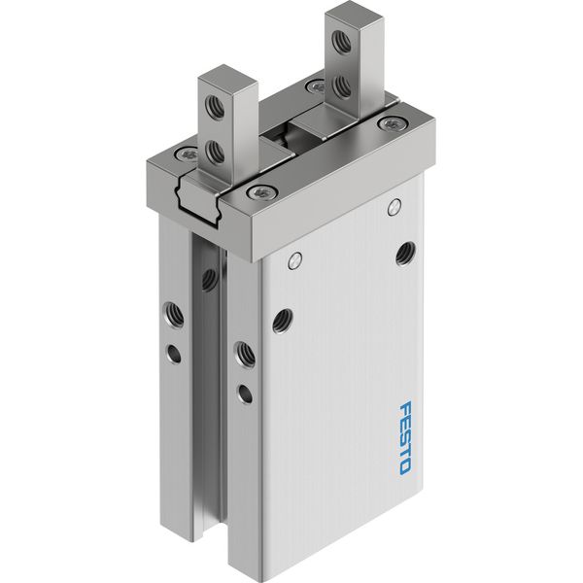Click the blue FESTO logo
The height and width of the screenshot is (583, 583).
[x=405, y=437]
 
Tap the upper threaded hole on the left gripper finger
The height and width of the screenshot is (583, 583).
[x=216, y=108]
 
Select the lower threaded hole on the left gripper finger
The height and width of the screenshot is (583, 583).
[x=216, y=152]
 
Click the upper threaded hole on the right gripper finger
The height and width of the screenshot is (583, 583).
[x=341, y=42]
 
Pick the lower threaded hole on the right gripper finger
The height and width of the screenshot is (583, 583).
[x=342, y=86]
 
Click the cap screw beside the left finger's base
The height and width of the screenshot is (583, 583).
[x=187, y=154]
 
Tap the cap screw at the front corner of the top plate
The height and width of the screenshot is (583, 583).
[x=261, y=192]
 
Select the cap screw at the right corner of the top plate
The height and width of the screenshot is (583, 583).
[x=393, y=124]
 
